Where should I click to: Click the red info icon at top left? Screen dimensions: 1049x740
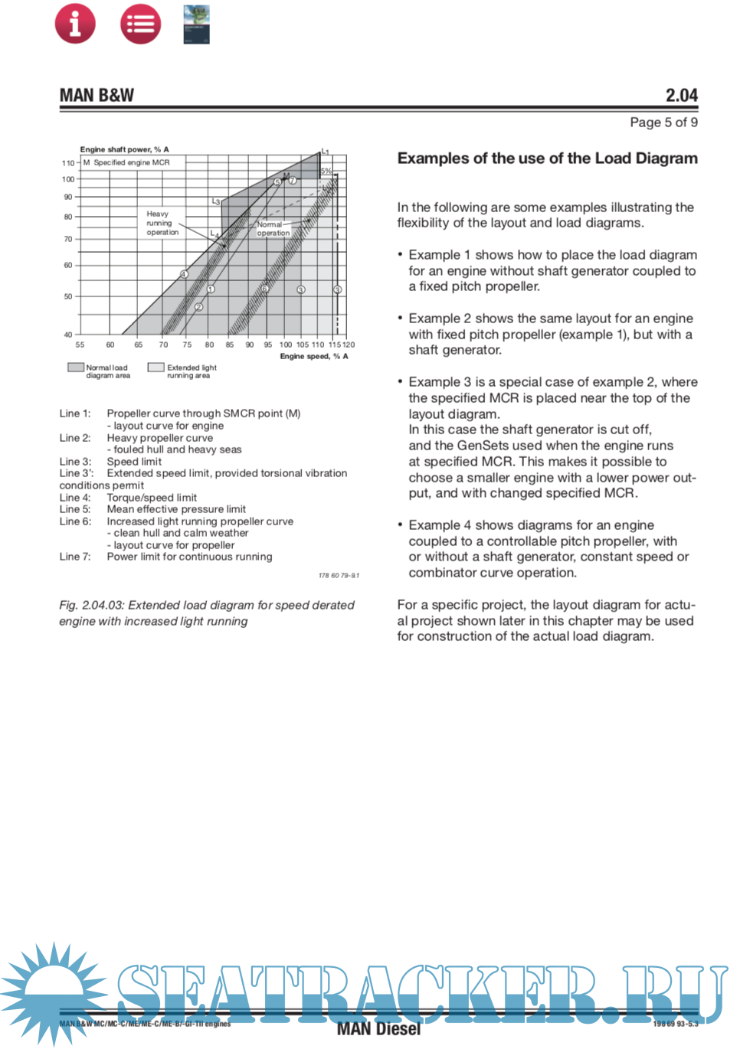(75, 24)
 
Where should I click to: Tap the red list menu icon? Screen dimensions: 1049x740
(141, 24)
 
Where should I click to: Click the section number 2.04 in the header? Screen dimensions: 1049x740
(681, 96)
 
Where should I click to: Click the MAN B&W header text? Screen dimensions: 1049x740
(97, 96)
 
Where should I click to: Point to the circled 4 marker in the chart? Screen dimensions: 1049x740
(184, 274)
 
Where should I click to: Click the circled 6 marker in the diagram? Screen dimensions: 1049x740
(265, 289)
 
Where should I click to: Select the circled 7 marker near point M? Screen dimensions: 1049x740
(293, 181)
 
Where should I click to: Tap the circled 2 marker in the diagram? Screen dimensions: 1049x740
(198, 307)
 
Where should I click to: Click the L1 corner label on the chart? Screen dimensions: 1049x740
(325, 152)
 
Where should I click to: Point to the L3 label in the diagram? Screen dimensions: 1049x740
(216, 201)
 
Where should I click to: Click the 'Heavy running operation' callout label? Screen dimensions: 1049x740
(162, 223)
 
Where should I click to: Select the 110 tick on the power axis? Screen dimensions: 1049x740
(68, 163)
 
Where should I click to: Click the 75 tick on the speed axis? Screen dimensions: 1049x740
(187, 345)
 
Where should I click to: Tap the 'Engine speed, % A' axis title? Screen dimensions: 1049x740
(314, 356)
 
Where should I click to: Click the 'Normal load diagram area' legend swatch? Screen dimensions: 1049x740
(75, 368)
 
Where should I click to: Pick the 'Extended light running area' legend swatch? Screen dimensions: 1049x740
(156, 368)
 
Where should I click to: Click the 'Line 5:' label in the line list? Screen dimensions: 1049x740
(75, 509)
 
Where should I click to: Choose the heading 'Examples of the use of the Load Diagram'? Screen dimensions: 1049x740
(547, 158)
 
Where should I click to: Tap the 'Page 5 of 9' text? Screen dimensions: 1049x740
(663, 123)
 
